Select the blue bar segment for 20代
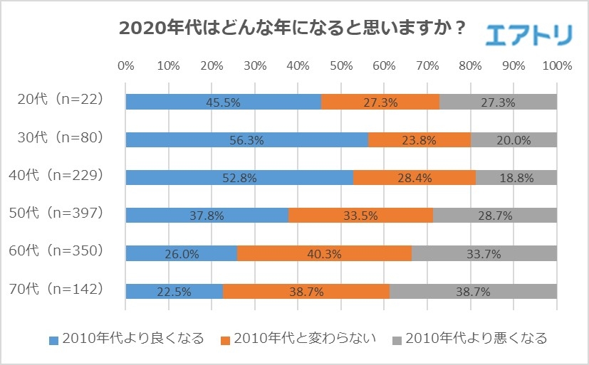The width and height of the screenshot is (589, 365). (223, 102)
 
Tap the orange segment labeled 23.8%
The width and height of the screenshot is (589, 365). (419, 140)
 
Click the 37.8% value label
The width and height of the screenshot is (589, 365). (207, 216)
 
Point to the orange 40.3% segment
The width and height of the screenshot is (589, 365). (324, 253)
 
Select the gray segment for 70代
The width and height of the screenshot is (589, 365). (473, 292)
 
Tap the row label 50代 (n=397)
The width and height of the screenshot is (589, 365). (61, 212)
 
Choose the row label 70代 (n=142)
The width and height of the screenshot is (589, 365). (61, 288)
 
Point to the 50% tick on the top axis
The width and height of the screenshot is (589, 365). (341, 66)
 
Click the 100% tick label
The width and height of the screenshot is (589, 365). (556, 66)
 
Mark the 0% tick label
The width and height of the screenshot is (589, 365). (125, 66)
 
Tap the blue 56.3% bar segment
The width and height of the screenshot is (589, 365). (246, 140)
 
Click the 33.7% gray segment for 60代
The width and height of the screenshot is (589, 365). (484, 253)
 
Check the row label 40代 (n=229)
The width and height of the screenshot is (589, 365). (61, 174)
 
